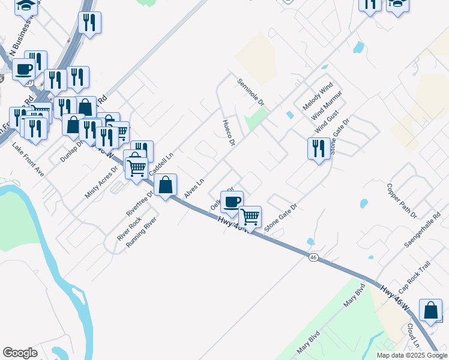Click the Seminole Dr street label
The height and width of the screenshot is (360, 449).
pyautogui.click(x=251, y=92)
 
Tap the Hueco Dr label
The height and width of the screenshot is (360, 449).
pyautogui.click(x=228, y=132)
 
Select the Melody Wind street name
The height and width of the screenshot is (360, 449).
pyautogui.click(x=317, y=96)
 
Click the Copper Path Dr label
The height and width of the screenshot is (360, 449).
pyautogui.click(x=402, y=201)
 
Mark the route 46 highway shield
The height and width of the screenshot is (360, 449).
pyautogui.click(x=313, y=257)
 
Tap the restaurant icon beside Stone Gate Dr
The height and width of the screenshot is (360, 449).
pyautogui.click(x=319, y=148)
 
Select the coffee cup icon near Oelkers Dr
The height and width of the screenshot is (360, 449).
pyautogui.click(x=232, y=201)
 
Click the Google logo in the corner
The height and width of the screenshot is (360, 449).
pyautogui.click(x=20, y=353)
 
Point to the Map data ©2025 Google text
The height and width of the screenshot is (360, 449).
pyautogui.click(x=412, y=355)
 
